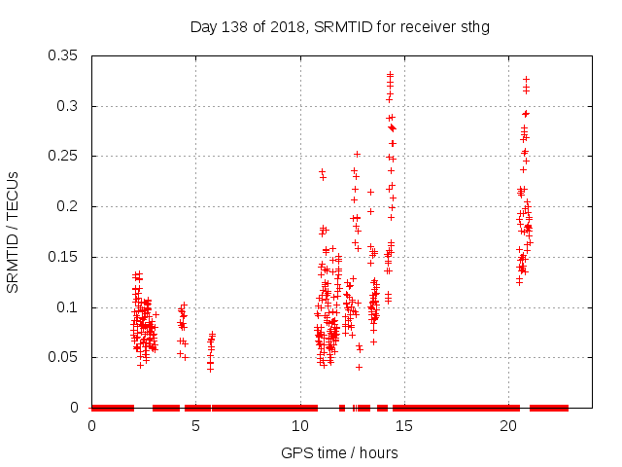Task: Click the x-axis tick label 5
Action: pyautogui.click(x=195, y=426)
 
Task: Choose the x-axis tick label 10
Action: pyautogui.click(x=300, y=426)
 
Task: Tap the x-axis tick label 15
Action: pyautogui.click(x=404, y=426)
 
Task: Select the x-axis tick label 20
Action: pyautogui.click(x=508, y=426)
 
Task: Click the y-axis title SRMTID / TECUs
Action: pyautogui.click(x=14, y=232)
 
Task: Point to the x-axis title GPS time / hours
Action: pyautogui.click(x=340, y=452)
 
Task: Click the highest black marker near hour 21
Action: pyautogui.click(x=526, y=79)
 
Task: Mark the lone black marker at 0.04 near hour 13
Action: pyautogui.click(x=359, y=367)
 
